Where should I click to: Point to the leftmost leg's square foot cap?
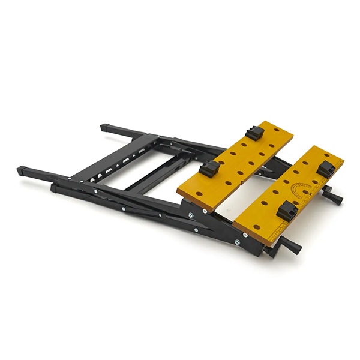point(23,170)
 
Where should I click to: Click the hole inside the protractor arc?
point(306,192)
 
